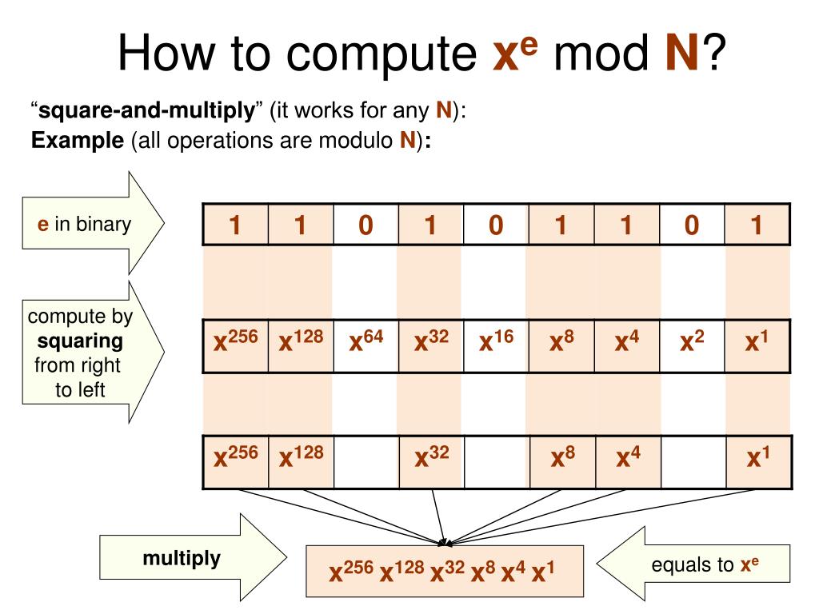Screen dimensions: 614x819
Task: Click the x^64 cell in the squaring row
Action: tap(366, 345)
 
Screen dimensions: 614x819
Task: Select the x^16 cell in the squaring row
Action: tap(496, 345)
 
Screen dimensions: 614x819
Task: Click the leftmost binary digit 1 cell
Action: tap(235, 225)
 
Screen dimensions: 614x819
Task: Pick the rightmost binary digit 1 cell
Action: tap(757, 225)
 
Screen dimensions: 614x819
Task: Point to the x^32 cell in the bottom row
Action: tap(430, 460)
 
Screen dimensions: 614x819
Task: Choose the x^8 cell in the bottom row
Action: tap(561, 460)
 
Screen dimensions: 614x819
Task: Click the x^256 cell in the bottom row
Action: tap(235, 460)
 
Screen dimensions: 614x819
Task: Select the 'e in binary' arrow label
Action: tap(85, 225)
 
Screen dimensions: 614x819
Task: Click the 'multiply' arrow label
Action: tap(181, 558)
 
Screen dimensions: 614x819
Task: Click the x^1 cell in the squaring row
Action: tap(757, 345)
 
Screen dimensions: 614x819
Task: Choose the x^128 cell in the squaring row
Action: tap(300, 345)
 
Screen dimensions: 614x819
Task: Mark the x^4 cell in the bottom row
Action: tap(626, 460)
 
